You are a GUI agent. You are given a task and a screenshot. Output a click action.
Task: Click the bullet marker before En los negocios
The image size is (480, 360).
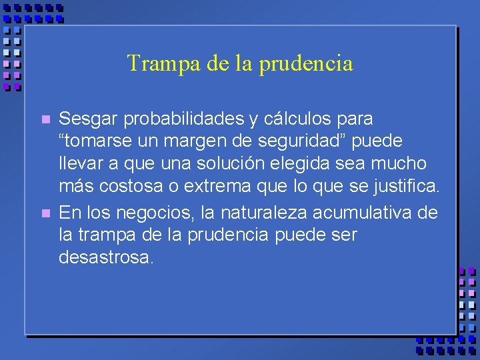[x=45, y=214]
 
